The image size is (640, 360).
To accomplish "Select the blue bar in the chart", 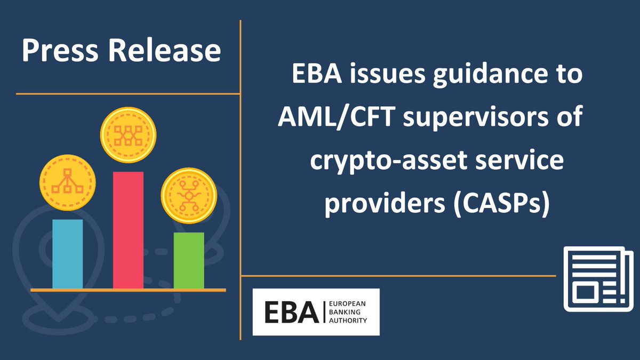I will (67, 254).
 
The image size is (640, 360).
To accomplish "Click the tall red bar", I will (128, 230).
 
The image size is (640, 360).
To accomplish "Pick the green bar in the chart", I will (189, 260).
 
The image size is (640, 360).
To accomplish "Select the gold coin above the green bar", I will (188, 196).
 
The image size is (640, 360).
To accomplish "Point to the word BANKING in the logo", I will (347, 312).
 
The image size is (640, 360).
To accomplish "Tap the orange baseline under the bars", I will (128, 290).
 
